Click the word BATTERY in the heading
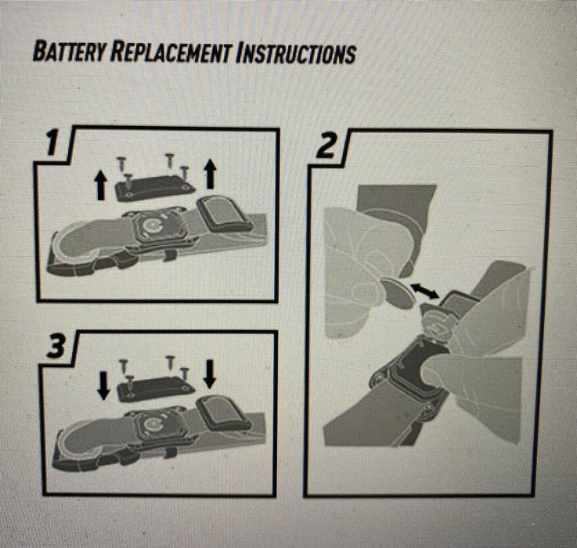pyautogui.click(x=69, y=52)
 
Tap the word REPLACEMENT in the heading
pyautogui.click(x=171, y=52)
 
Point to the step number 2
pyautogui.click(x=326, y=146)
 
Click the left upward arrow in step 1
pyautogui.click(x=101, y=186)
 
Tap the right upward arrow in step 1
pyautogui.click(x=210, y=173)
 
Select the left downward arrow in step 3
pyautogui.click(x=104, y=385)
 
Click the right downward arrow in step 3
pyautogui.click(x=210, y=374)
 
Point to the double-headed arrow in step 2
pyautogui.click(x=424, y=290)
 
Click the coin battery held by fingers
pyautogui.click(x=398, y=293)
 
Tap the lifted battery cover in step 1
pyautogui.click(x=155, y=188)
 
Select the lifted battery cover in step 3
pyautogui.click(x=156, y=389)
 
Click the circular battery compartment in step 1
pyautogui.click(x=152, y=227)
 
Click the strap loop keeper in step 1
pyautogui.click(x=224, y=214)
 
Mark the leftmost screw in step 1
pyautogui.click(x=121, y=164)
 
